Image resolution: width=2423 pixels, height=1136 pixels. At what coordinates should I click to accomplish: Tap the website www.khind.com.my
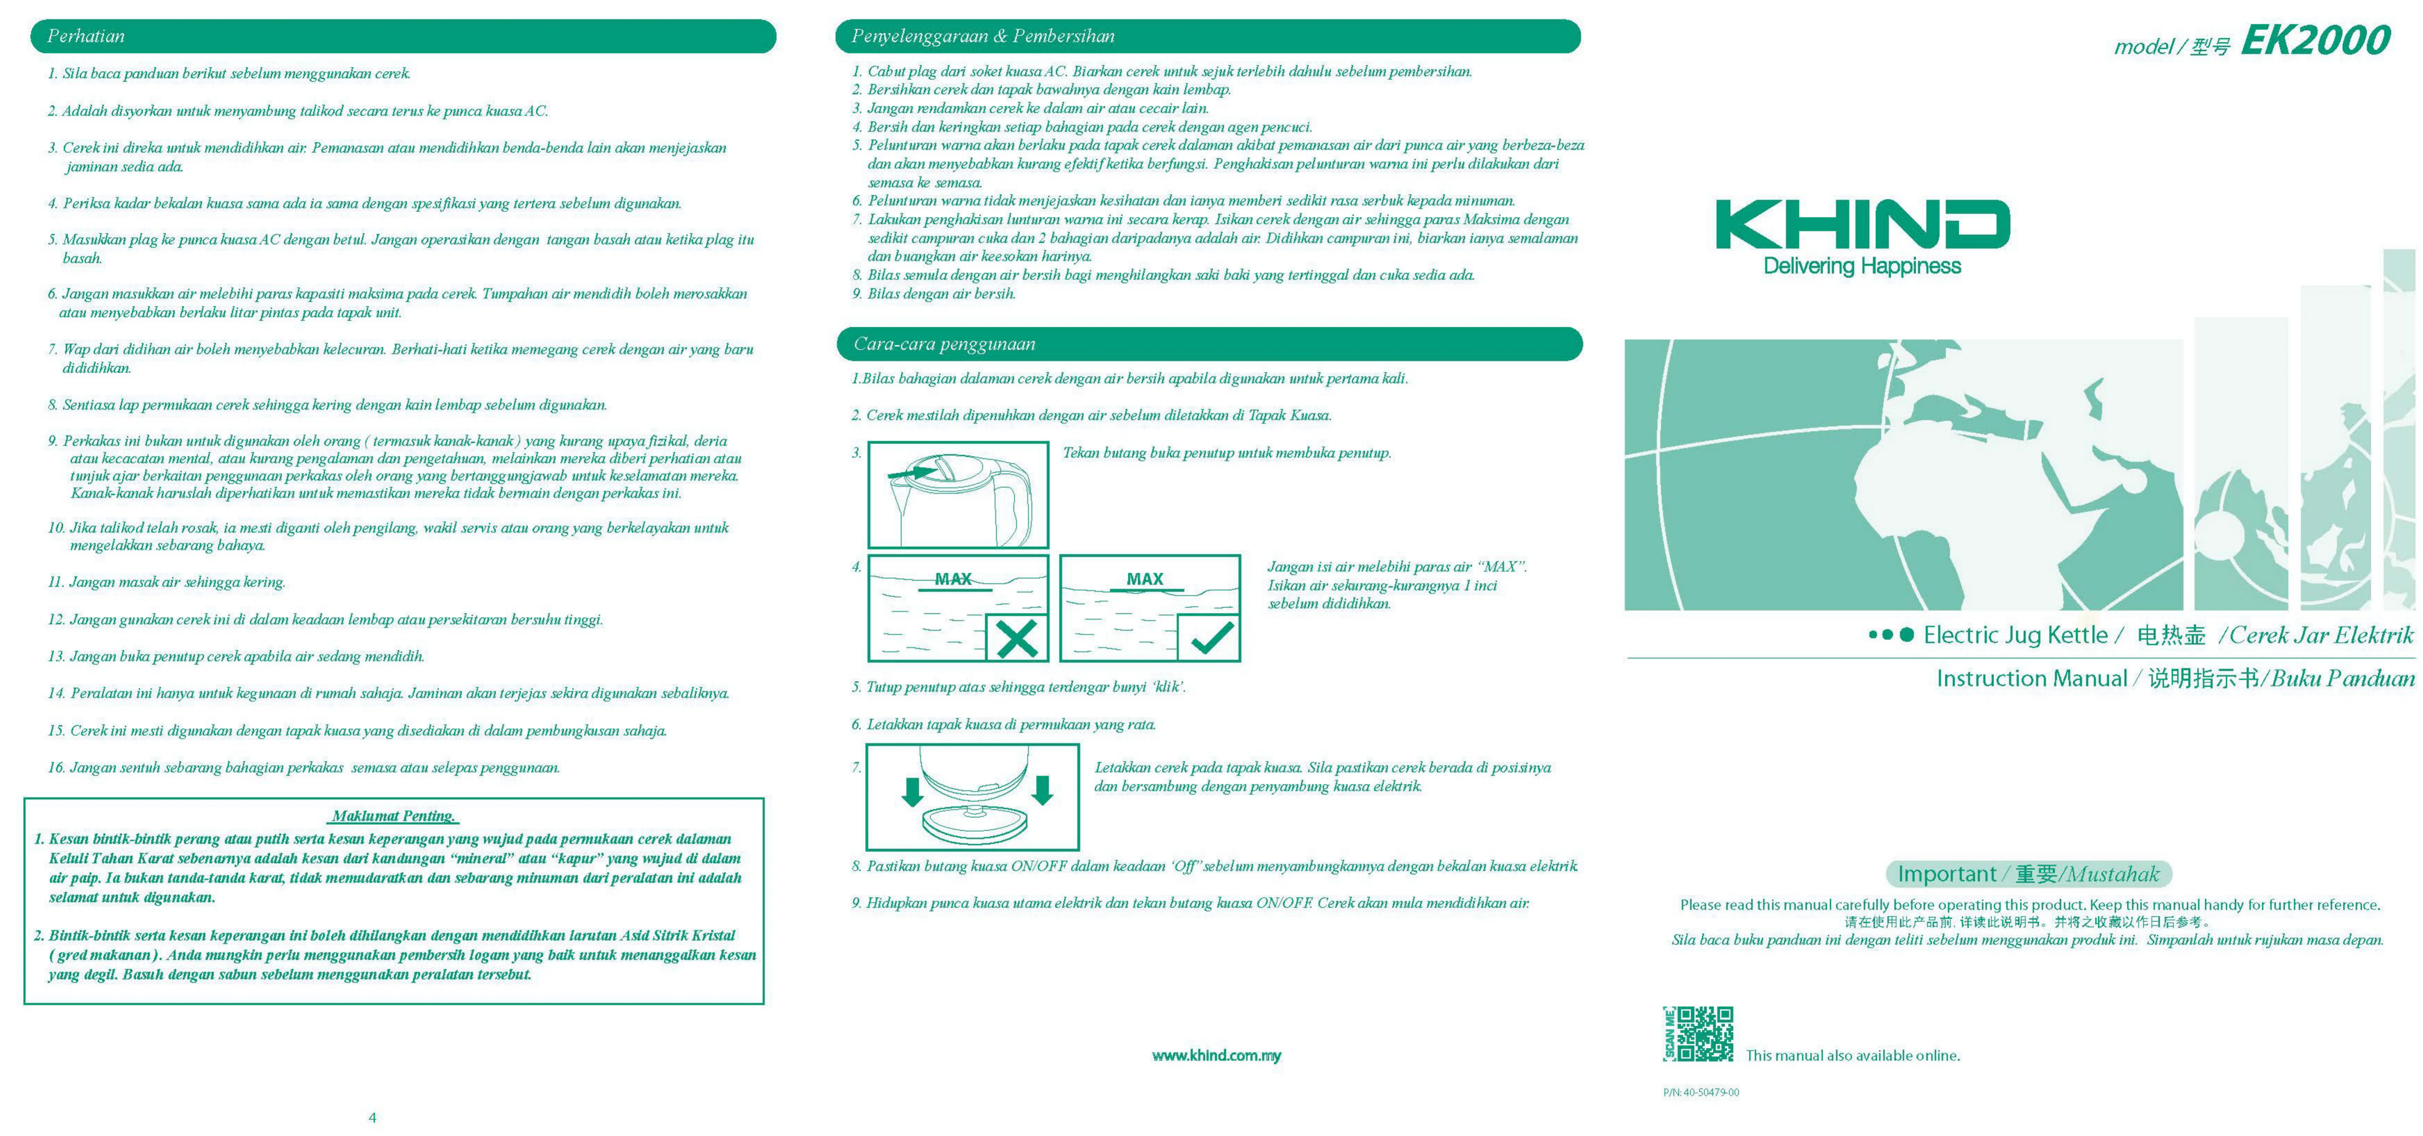[x=1216, y=1055]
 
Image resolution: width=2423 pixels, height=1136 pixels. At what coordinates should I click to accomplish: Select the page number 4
[x=373, y=1117]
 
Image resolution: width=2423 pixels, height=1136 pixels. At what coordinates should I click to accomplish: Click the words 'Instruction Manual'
[x=2031, y=678]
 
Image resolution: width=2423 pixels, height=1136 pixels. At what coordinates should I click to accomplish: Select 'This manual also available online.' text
[x=1852, y=1055]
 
